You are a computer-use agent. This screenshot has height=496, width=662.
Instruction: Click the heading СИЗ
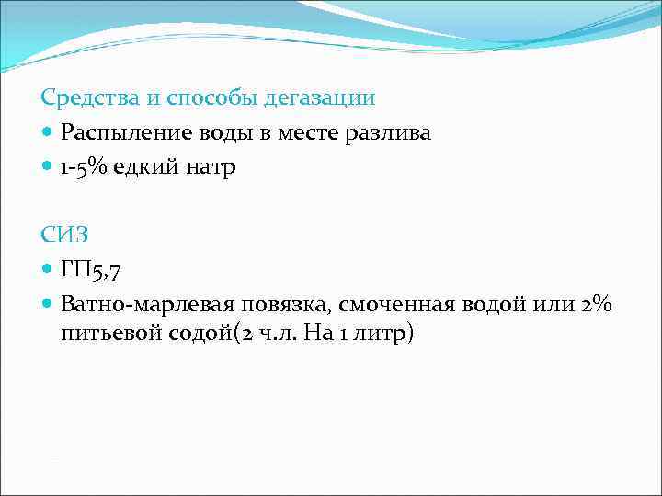[65, 235]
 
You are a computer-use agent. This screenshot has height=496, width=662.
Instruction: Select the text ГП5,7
[91, 271]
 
